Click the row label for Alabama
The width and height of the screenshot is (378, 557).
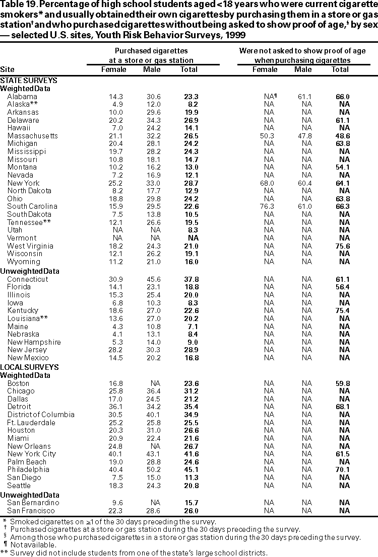click(x=22, y=97)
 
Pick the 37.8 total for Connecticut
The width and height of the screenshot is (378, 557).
click(x=189, y=279)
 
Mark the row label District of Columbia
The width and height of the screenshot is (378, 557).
click(x=41, y=415)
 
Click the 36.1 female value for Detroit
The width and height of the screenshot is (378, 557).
click(x=114, y=407)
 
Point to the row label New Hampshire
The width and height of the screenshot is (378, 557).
click(x=34, y=342)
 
